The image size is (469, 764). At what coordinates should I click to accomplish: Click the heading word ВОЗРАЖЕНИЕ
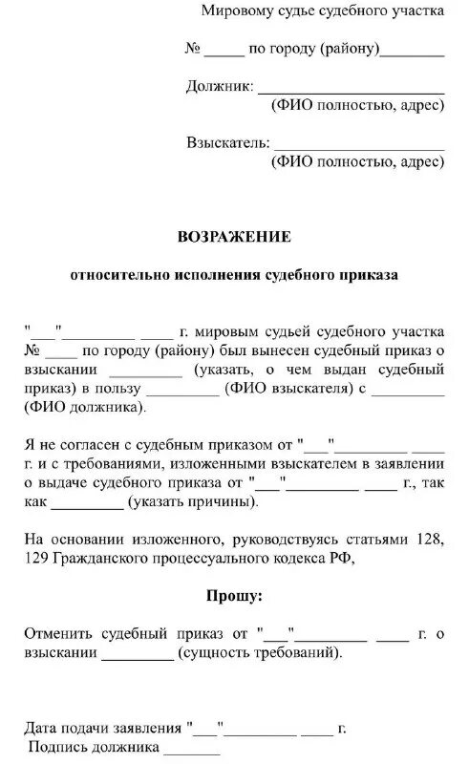(x=234, y=236)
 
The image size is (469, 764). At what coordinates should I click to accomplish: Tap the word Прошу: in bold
(x=234, y=597)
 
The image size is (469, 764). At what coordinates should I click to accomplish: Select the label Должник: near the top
(x=219, y=88)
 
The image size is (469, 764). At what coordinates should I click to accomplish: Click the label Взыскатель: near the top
(x=227, y=144)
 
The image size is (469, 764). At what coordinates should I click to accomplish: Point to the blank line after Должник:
(x=351, y=91)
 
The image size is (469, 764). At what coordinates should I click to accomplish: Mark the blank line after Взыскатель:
(x=359, y=147)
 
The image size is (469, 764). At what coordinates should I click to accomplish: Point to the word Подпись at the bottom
(x=56, y=747)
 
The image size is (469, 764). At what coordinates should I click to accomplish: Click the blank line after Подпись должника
(x=190, y=751)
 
